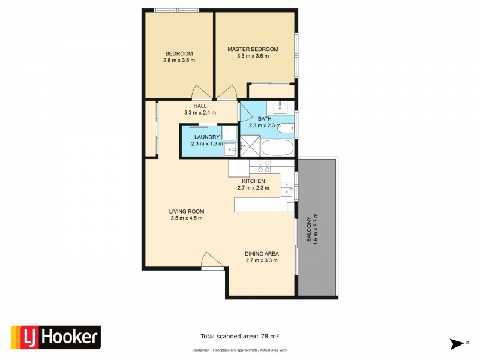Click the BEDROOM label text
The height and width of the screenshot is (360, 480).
point(179,53)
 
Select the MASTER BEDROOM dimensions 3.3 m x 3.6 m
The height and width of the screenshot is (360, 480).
point(253,56)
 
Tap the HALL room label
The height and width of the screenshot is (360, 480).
point(200,106)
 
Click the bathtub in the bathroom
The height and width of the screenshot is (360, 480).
point(278,148)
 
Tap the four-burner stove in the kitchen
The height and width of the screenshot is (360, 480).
point(264,166)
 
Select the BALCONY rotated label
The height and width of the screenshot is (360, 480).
point(309,229)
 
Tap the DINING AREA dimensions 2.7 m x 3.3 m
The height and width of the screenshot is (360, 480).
point(261,260)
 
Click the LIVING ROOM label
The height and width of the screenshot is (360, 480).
point(187,211)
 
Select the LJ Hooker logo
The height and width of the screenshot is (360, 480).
point(56,337)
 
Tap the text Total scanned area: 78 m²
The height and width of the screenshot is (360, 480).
point(239,337)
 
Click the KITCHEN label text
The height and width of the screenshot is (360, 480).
point(254,181)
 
